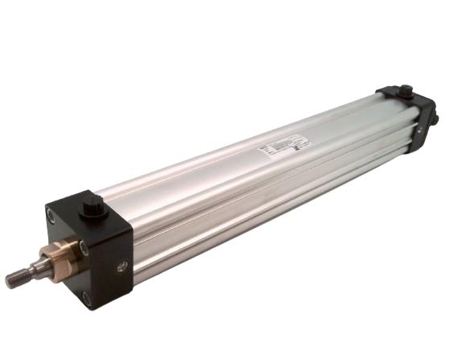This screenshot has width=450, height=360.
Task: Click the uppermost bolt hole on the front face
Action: tap(52, 216)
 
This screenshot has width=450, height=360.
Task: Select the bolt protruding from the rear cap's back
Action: tap(435, 119)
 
